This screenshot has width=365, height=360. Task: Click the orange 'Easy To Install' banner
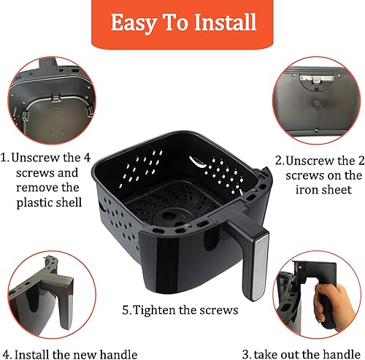point(182,23)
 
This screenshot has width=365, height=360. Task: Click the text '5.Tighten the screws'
point(180,310)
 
